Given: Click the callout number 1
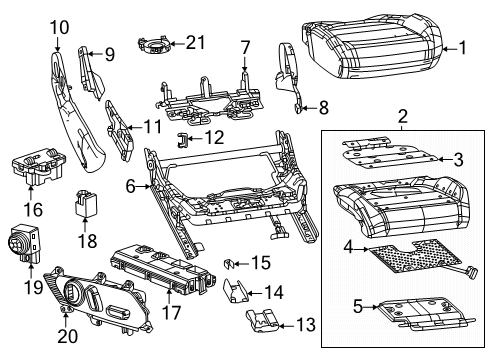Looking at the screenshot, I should [462, 46].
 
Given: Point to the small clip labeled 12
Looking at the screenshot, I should [185, 137].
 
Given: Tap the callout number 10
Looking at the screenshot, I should [59, 26].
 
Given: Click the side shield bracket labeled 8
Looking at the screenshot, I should [290, 78].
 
